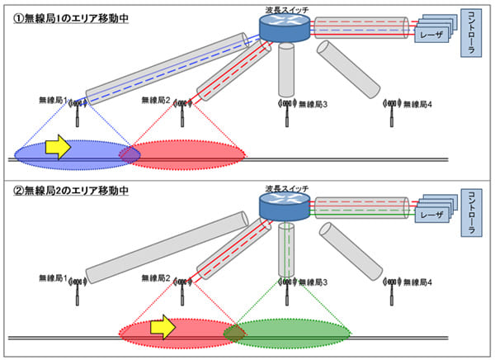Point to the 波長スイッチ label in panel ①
pyautogui.click(x=282, y=7)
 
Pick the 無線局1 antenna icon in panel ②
pyautogui.click(x=78, y=286)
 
